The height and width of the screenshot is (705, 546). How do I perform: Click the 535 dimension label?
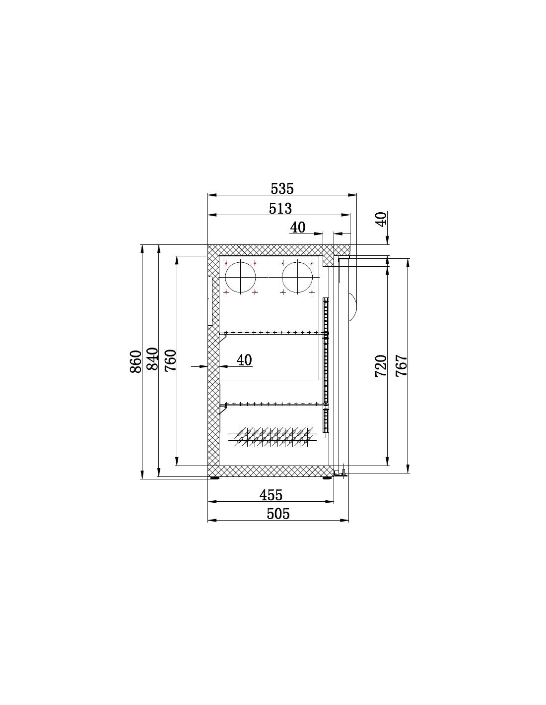click(x=282, y=188)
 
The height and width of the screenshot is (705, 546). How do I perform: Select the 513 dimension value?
click(x=280, y=208)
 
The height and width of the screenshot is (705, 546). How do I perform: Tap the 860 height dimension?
click(x=136, y=361)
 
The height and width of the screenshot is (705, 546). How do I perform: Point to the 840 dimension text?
click(x=152, y=359)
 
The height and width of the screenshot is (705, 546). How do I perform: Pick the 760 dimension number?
click(x=170, y=360)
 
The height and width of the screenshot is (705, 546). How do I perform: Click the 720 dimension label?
click(x=381, y=366)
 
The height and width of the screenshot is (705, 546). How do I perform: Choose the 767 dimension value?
click(x=401, y=366)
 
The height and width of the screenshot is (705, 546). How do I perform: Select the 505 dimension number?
click(x=277, y=514)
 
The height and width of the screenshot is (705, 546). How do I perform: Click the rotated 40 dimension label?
click(x=381, y=219)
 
